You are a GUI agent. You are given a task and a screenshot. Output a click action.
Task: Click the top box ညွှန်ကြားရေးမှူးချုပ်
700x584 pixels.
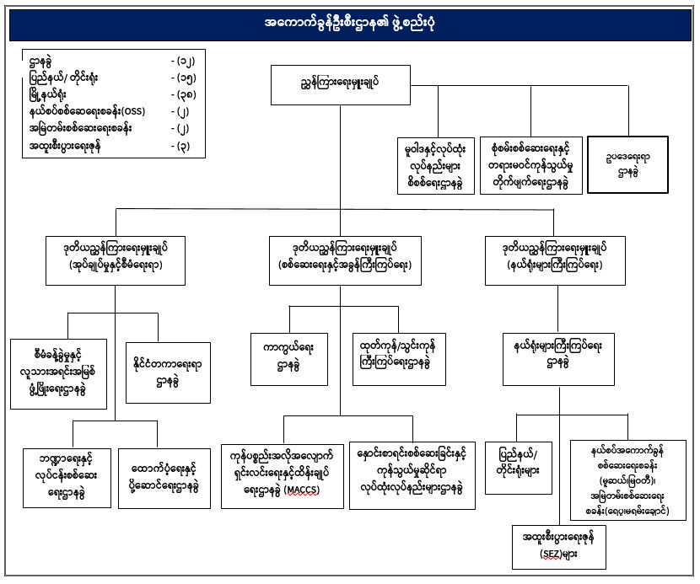coord(340,83)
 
